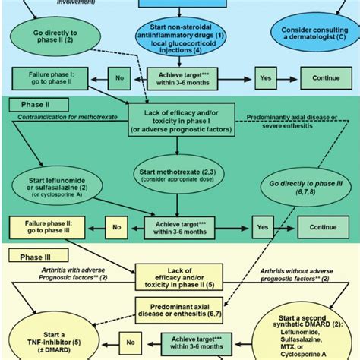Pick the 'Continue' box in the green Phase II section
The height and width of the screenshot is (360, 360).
click(323, 226)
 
